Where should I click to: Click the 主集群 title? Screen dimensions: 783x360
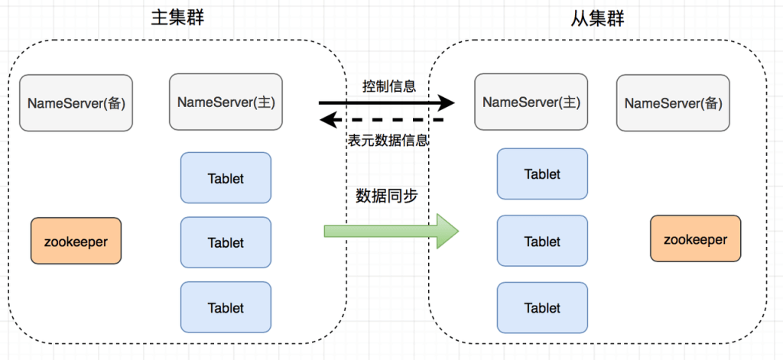(x=177, y=18)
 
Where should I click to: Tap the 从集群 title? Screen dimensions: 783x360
(x=598, y=18)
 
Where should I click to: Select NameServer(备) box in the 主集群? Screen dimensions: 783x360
(x=76, y=103)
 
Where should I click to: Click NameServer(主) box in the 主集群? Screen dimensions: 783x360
(x=226, y=102)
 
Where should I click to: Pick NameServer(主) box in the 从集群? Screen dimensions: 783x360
(x=531, y=102)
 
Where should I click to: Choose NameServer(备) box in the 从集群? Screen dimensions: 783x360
(x=673, y=103)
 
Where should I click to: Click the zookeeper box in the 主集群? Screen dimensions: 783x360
(x=76, y=241)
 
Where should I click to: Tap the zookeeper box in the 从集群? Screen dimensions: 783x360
(x=696, y=238)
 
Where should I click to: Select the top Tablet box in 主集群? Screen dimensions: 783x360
(x=226, y=178)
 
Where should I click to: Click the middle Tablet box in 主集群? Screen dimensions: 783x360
(x=226, y=242)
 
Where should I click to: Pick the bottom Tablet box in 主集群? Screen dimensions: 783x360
(x=226, y=307)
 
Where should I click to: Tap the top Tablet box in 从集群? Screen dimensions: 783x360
(x=542, y=174)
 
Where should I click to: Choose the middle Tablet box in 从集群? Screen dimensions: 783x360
(x=542, y=241)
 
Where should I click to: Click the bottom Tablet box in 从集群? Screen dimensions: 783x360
(x=542, y=307)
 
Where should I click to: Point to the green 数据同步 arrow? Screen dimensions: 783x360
(x=391, y=231)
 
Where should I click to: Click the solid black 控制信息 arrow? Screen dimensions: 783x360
(x=387, y=103)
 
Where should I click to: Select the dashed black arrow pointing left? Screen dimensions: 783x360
(x=382, y=120)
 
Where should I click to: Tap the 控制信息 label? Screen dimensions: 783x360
(x=389, y=86)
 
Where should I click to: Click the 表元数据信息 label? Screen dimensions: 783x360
(x=388, y=140)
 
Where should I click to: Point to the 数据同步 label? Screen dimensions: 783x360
(x=387, y=196)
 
